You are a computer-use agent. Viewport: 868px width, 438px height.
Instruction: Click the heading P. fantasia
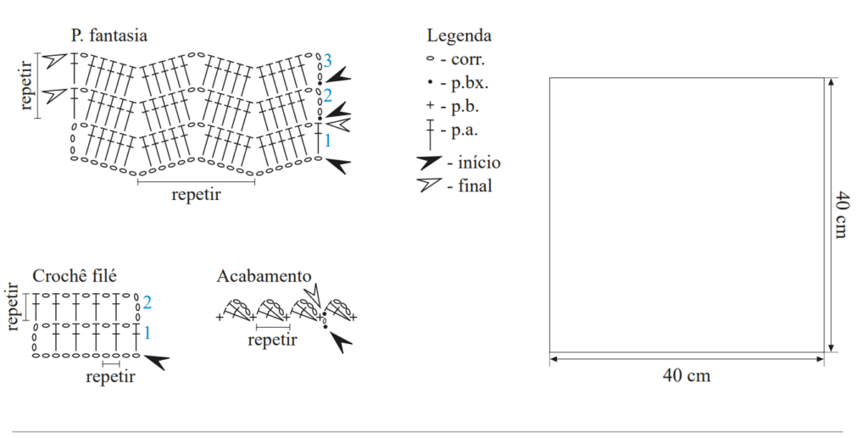[x=109, y=36]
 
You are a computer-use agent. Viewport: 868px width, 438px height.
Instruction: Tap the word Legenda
[x=459, y=36]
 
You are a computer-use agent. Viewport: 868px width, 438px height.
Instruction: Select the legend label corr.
[x=468, y=59]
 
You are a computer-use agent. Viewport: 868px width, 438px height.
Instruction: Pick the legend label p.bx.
[x=470, y=84]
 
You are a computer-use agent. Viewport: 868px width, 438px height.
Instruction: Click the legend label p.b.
[x=465, y=107]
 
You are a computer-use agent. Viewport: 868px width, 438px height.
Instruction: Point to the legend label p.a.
[x=465, y=131]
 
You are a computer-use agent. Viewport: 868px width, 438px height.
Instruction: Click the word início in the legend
[x=479, y=163]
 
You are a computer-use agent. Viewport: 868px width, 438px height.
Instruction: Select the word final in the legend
[x=475, y=186]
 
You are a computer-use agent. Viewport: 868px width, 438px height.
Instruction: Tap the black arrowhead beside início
[x=430, y=162]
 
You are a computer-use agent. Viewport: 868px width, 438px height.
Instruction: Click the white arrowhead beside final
[x=430, y=184]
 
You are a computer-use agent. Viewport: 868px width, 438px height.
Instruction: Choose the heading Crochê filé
[x=75, y=276]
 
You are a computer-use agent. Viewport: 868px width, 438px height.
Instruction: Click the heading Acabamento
[x=264, y=276]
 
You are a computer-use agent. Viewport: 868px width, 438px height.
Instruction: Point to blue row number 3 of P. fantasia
[x=328, y=60]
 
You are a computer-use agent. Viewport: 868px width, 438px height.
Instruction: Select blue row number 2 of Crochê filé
[x=147, y=302]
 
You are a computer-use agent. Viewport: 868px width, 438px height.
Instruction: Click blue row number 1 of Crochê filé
[x=147, y=333]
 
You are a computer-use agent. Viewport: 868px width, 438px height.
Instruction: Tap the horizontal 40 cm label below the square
[x=687, y=375]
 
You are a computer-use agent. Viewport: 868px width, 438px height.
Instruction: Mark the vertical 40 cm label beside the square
[x=842, y=214]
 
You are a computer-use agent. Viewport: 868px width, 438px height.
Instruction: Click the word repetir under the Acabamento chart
[x=272, y=340]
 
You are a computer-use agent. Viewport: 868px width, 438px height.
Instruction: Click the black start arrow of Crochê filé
[x=157, y=362]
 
